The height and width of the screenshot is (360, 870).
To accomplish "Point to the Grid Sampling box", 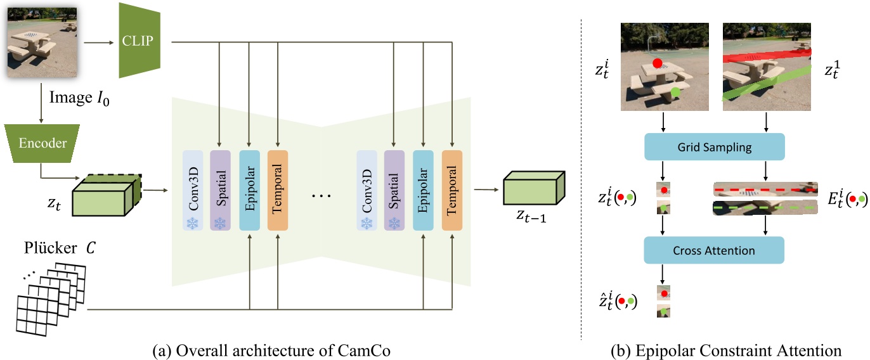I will click(x=714, y=146).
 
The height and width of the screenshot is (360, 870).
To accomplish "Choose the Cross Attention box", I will click(x=714, y=250).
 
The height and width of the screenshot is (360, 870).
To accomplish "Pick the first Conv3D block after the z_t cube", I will click(x=192, y=190).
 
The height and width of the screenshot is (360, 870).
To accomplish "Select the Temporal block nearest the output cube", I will click(x=452, y=190).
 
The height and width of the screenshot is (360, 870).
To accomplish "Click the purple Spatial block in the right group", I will click(x=394, y=190).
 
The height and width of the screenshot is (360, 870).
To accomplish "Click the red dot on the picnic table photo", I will click(x=657, y=63).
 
